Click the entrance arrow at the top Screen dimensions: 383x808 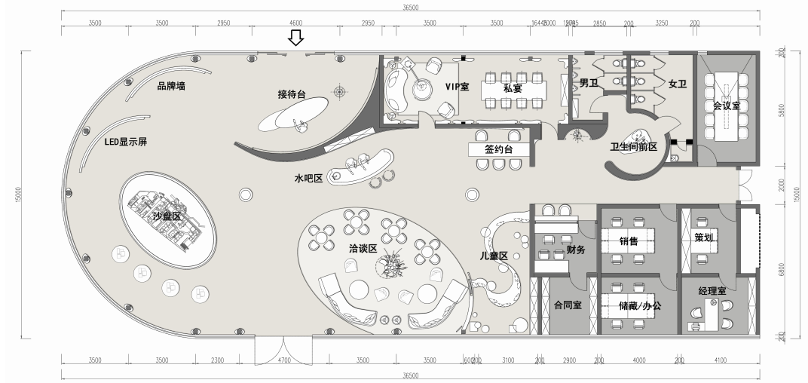(x=296, y=37)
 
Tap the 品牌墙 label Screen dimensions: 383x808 (x=171, y=86)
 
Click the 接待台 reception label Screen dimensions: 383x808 (x=292, y=95)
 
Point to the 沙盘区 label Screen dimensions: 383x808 (x=167, y=216)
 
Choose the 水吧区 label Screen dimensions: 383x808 (x=308, y=179)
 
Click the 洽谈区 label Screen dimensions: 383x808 (x=363, y=248)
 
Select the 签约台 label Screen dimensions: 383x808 (x=499, y=150)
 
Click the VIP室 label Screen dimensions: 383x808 (x=457, y=87)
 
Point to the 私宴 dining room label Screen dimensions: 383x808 (x=513, y=87)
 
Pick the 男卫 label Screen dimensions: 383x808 (x=588, y=83)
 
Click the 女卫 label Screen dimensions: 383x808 (x=677, y=84)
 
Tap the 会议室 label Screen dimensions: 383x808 (x=726, y=106)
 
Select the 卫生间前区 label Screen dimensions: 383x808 (x=634, y=148)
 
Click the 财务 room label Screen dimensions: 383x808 (x=576, y=250)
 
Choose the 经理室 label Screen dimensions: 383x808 (x=712, y=290)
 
